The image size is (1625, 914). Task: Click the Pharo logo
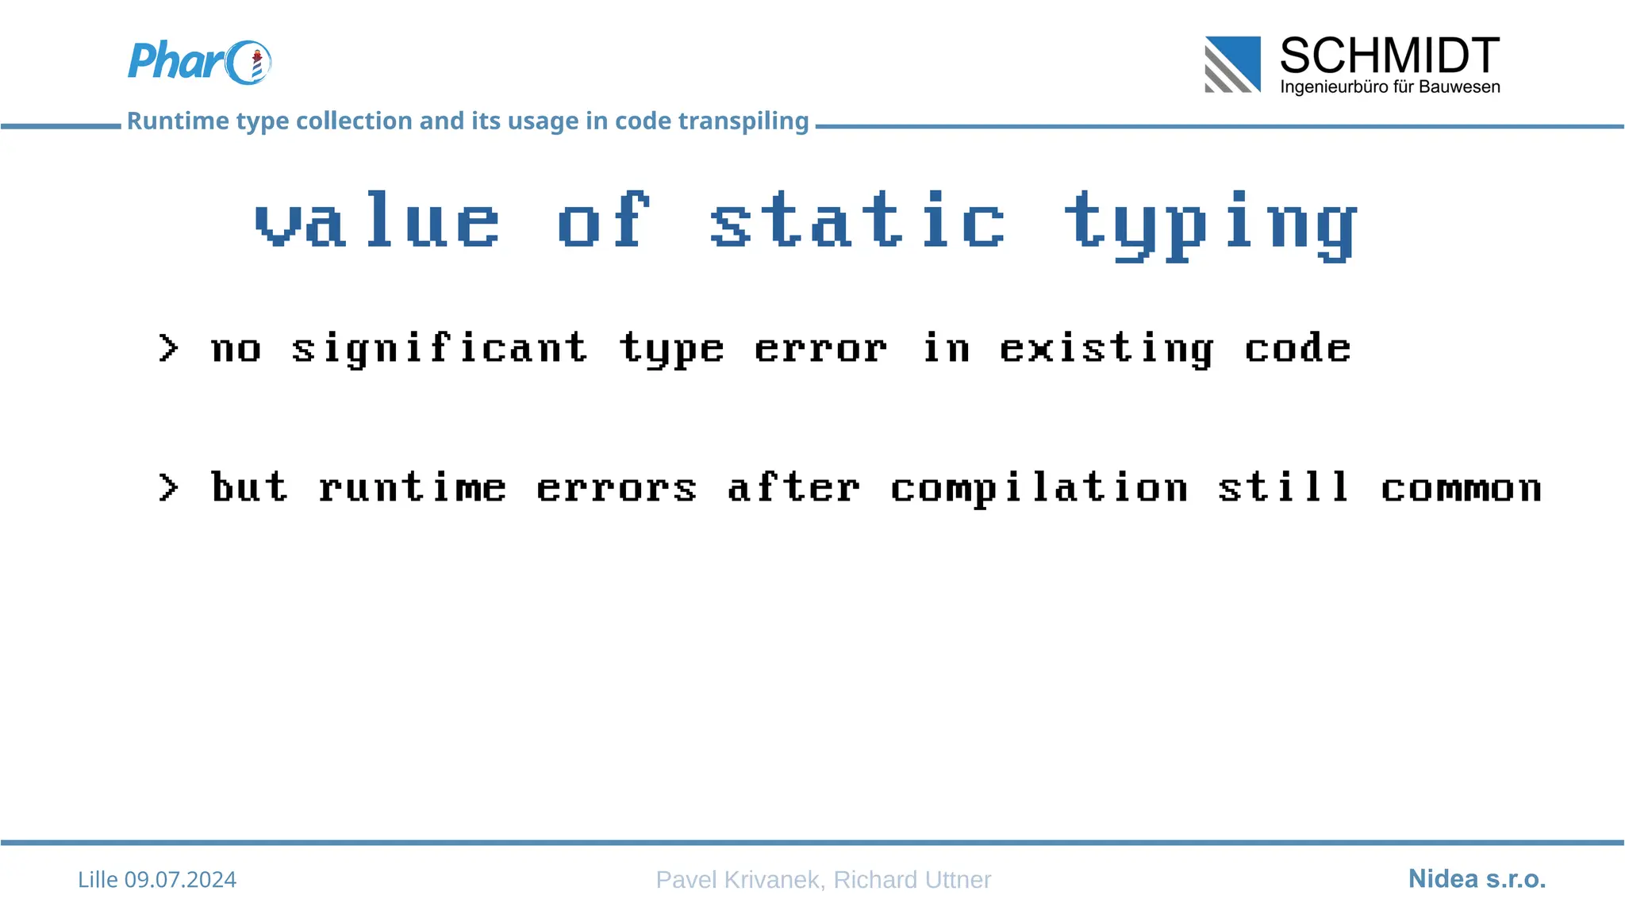pos(198,62)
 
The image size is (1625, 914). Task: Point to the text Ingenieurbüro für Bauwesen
pos(1389,86)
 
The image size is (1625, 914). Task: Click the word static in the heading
pos(858,222)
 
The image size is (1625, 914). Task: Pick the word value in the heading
pos(378,222)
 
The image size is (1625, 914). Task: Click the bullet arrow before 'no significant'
pos(168,348)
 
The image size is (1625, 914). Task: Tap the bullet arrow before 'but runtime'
pos(168,487)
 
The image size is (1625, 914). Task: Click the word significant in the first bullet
pos(440,350)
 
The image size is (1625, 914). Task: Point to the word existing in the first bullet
pos(1106,350)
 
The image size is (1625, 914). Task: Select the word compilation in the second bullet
pos(1039,488)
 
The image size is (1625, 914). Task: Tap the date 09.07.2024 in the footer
pos(180,879)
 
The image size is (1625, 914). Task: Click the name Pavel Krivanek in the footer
pos(737,879)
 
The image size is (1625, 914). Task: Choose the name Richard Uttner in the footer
pos(912,879)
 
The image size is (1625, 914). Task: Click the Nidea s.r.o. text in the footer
pos(1477,878)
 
